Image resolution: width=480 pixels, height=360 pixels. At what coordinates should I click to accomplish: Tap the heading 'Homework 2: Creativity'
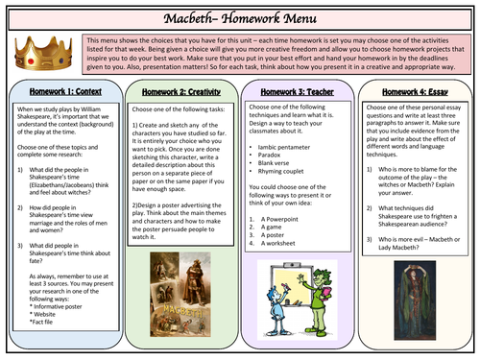pos(182,93)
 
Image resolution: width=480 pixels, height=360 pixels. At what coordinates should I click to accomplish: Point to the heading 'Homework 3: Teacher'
pos(300,93)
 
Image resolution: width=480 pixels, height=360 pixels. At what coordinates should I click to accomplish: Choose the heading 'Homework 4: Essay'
pos(419,93)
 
